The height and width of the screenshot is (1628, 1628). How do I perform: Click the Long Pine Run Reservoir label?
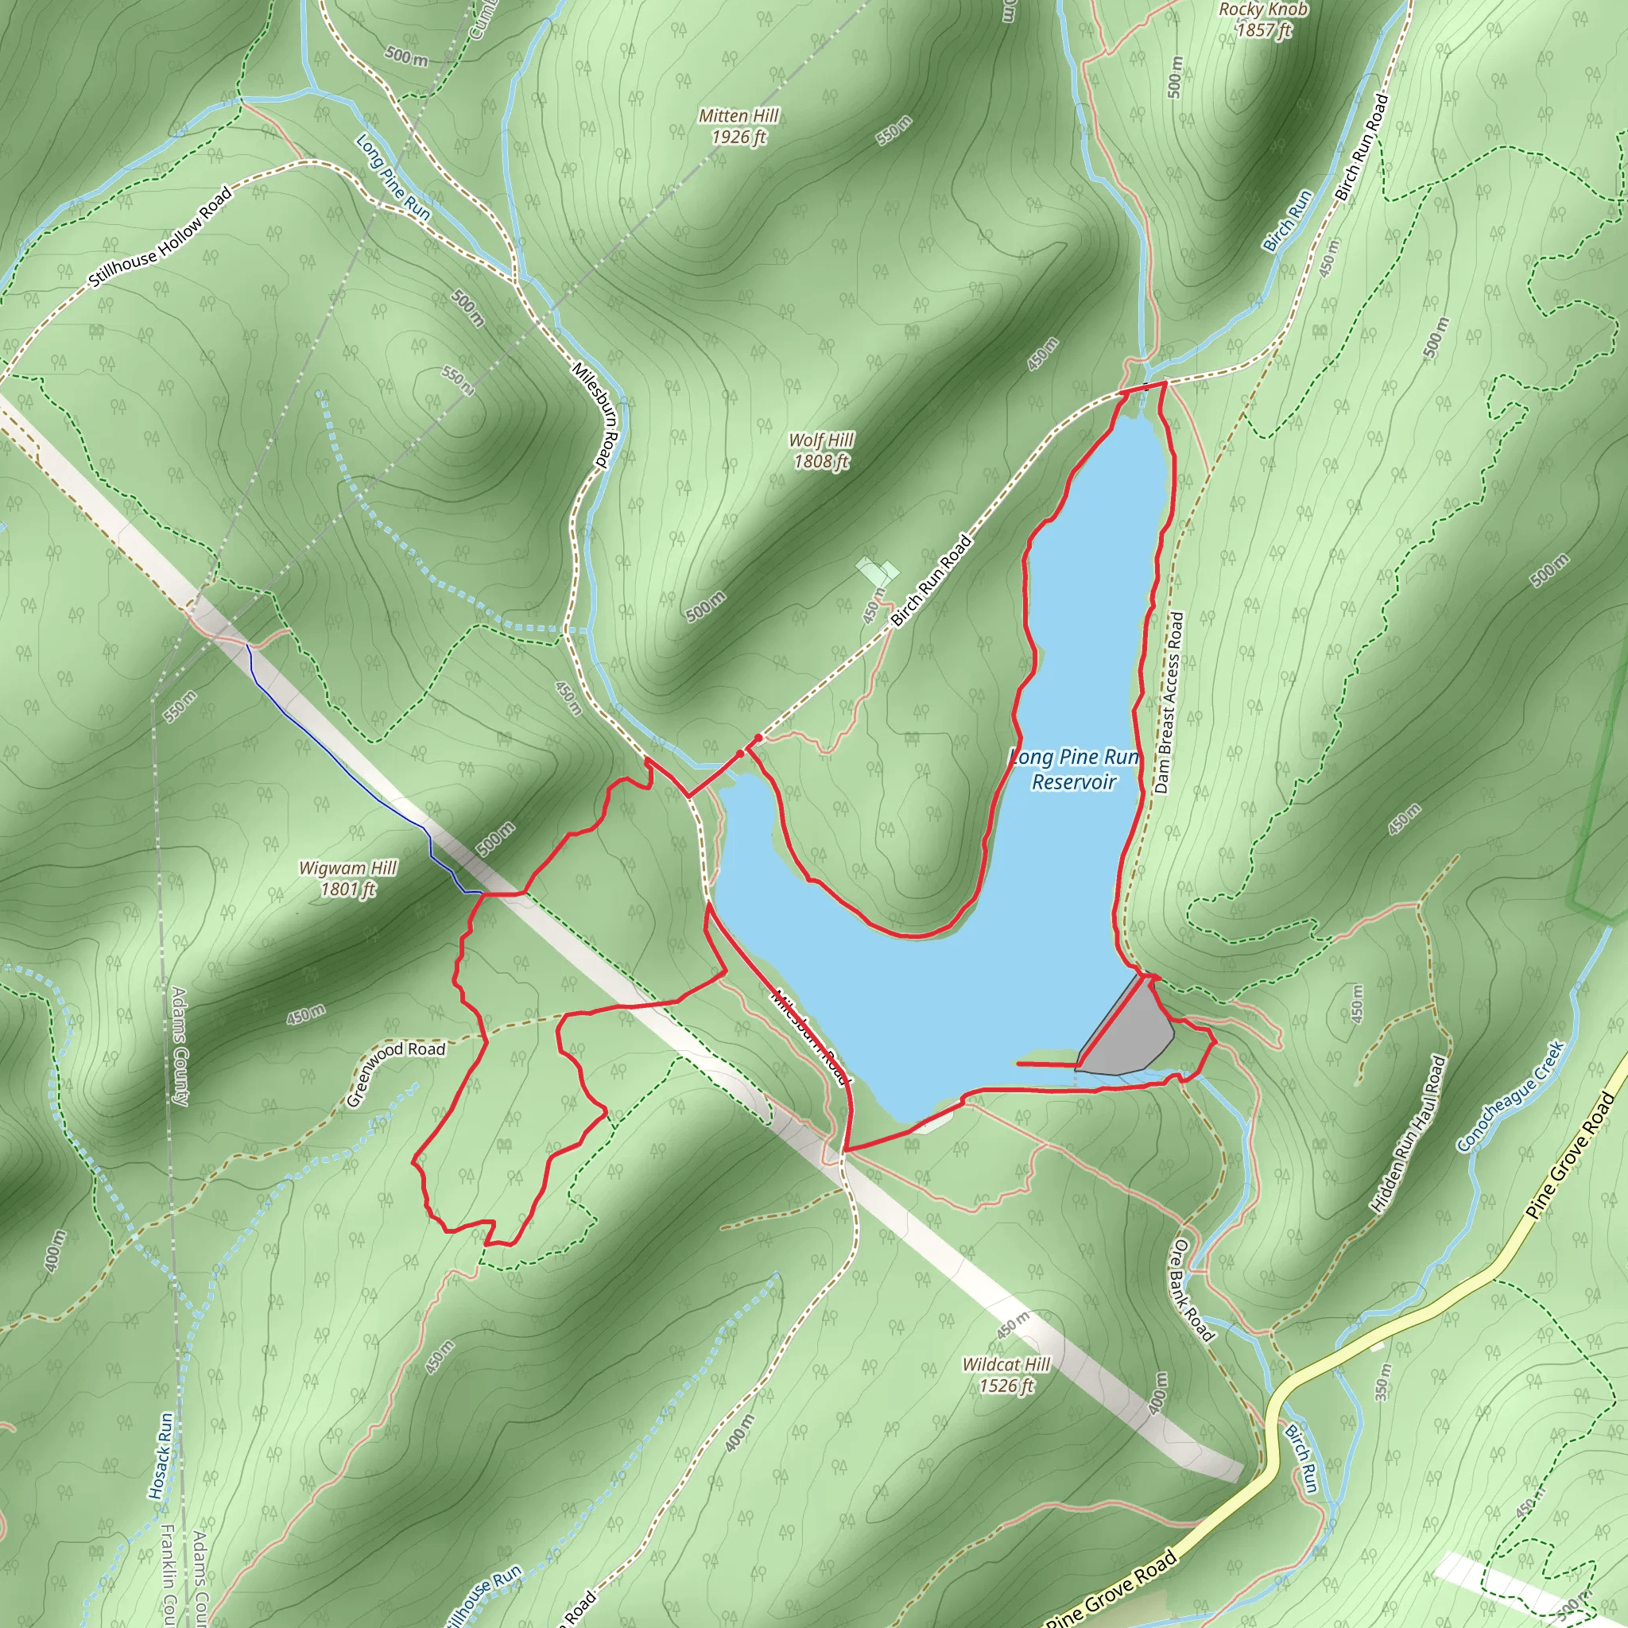pyautogui.click(x=1075, y=769)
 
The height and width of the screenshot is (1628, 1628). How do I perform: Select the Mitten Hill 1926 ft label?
pyautogui.click(x=738, y=126)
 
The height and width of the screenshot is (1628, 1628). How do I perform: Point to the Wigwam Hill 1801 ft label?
pyautogui.click(x=347, y=878)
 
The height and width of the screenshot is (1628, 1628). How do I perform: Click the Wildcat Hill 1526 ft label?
pyautogui.click(x=1006, y=1374)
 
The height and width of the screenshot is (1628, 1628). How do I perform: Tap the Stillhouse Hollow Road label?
pyautogui.click(x=159, y=238)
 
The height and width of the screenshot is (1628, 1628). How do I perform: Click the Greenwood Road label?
pyautogui.click(x=395, y=1072)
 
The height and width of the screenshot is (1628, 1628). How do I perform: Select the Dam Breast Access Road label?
pyautogui.click(x=1169, y=703)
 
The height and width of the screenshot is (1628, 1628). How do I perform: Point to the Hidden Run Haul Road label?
pyautogui.click(x=1407, y=1134)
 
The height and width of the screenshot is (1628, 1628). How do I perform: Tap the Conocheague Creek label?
pyautogui.click(x=1511, y=1095)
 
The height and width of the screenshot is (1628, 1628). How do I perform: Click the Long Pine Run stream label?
pyautogui.click(x=393, y=178)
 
